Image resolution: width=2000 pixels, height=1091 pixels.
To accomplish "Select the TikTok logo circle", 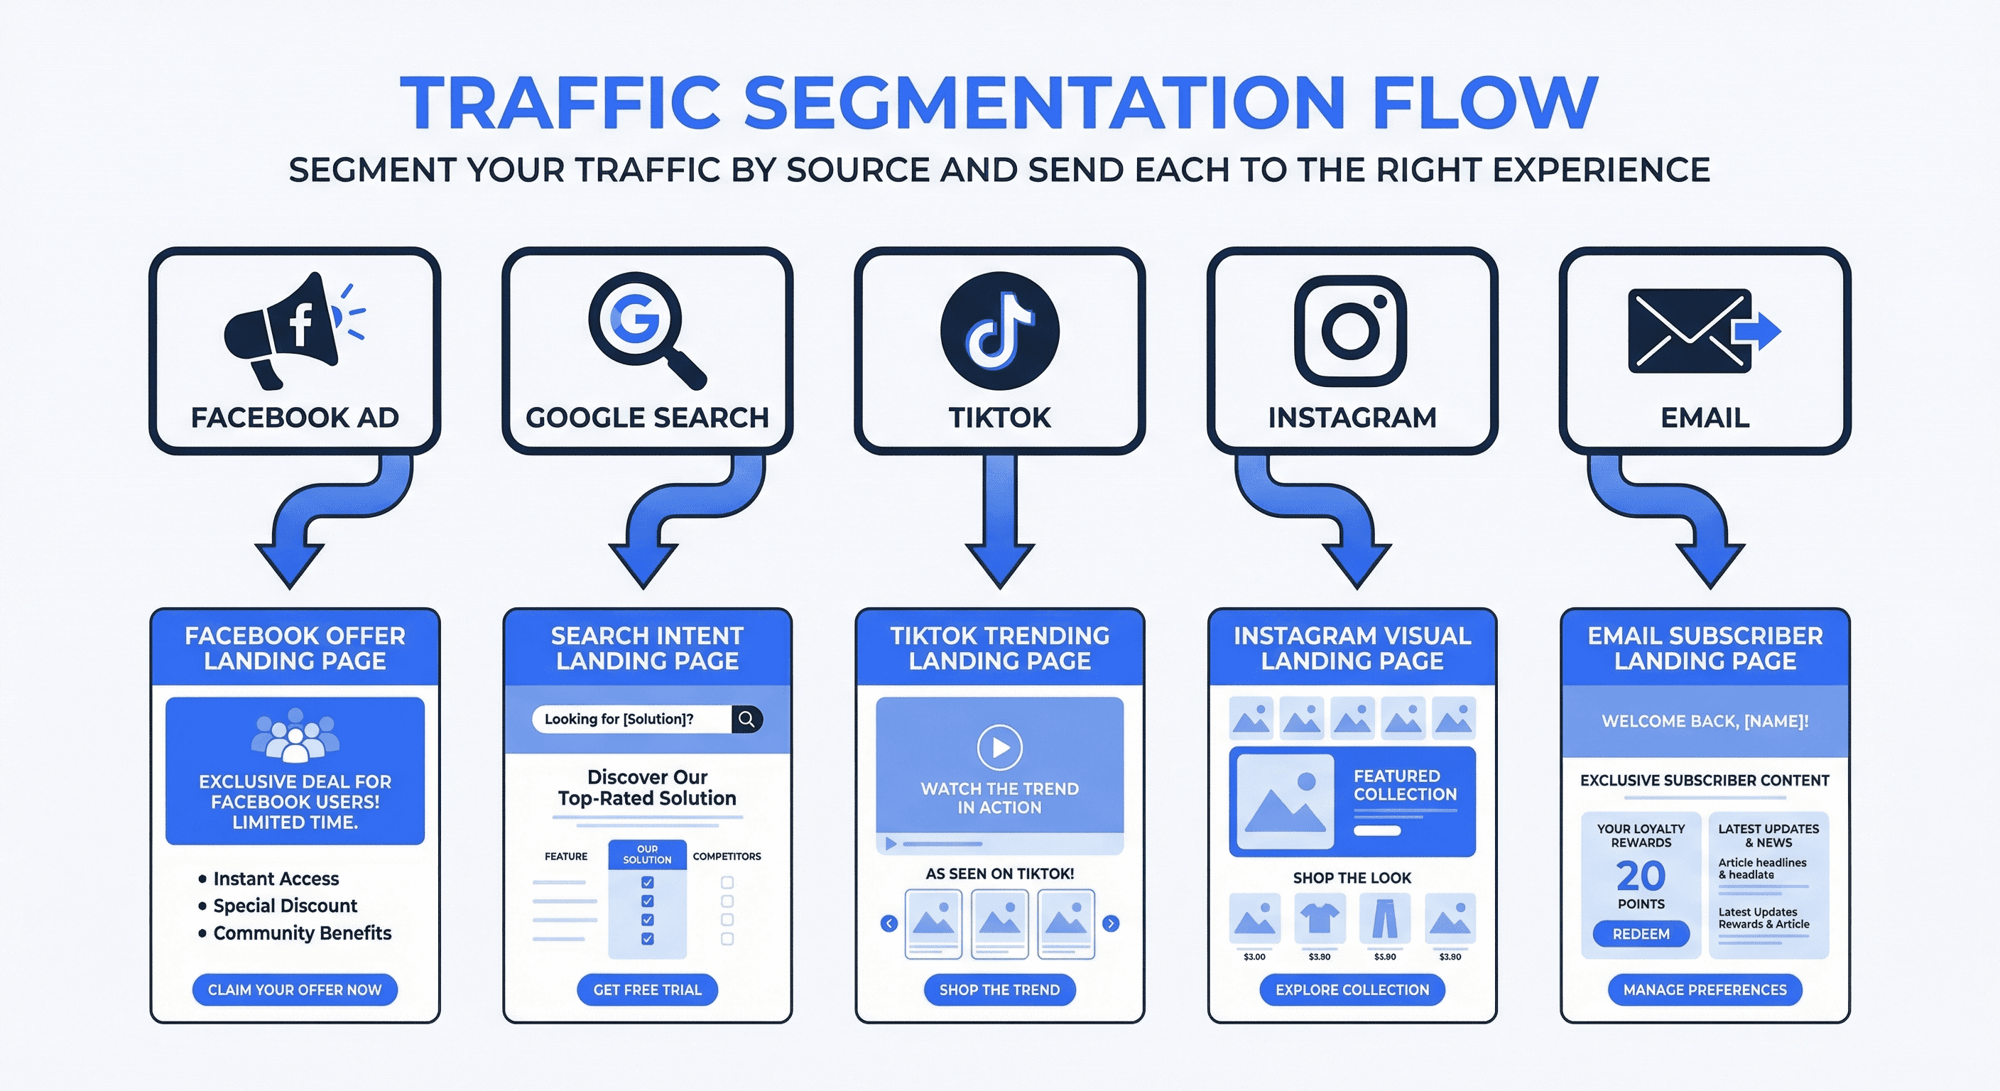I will click(999, 331).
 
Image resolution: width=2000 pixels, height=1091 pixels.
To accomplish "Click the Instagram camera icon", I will click(1351, 330).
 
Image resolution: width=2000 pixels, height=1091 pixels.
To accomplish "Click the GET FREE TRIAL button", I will click(647, 990).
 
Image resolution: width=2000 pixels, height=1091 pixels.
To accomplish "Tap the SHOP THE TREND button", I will click(999, 990).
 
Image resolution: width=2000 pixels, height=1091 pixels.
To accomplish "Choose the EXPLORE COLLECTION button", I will click(1352, 990).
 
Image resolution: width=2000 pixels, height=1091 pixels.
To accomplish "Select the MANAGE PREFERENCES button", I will click(1705, 990).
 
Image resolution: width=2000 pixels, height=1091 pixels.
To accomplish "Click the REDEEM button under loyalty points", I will click(1641, 934).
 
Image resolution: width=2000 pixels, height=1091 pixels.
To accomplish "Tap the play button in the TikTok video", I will click(999, 747).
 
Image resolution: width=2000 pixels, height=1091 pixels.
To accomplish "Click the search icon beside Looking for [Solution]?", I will click(746, 719).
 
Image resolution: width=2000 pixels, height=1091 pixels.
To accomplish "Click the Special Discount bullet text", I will click(285, 906).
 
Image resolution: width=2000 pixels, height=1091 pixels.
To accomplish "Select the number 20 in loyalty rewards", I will click(1641, 876).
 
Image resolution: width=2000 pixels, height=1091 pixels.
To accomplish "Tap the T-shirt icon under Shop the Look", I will click(1319, 918).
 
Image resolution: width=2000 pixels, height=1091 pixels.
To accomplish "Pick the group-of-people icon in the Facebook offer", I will click(295, 734).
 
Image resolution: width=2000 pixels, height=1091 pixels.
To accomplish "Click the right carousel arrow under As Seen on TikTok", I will click(1111, 923).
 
